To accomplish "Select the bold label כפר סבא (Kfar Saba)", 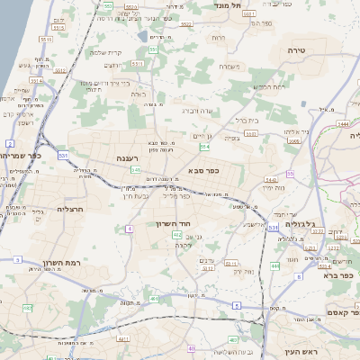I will pyautogui.click(x=207, y=169).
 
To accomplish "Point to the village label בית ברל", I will pyautogui.click(x=246, y=119).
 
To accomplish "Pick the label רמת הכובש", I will pyautogui.click(x=269, y=86).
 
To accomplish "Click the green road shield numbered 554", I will pyautogui.click(x=205, y=145).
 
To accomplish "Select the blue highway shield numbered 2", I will pyautogui.click(x=10, y=143).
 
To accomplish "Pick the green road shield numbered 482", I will pyautogui.click(x=27, y=308).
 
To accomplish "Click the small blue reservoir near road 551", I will pyautogui.click(x=144, y=37).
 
